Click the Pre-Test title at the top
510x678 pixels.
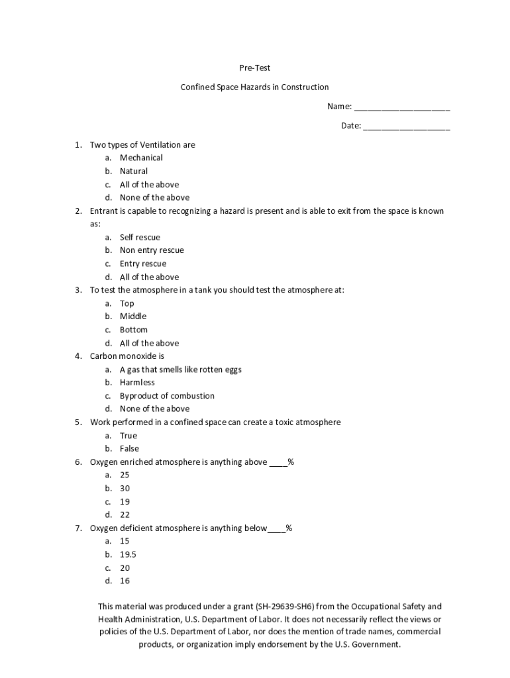254,68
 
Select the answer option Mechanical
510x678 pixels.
141,158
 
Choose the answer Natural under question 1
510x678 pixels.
134,171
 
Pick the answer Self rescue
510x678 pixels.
140,237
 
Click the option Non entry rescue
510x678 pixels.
152,250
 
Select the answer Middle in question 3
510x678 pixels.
133,316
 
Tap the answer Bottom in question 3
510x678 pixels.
134,330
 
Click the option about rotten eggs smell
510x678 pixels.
180,369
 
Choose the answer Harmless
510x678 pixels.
137,383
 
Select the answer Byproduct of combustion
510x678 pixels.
167,396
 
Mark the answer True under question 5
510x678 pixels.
128,436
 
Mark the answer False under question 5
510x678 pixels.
129,449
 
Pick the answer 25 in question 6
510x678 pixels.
125,475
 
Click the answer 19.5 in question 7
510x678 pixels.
128,555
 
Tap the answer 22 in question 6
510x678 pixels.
125,515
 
